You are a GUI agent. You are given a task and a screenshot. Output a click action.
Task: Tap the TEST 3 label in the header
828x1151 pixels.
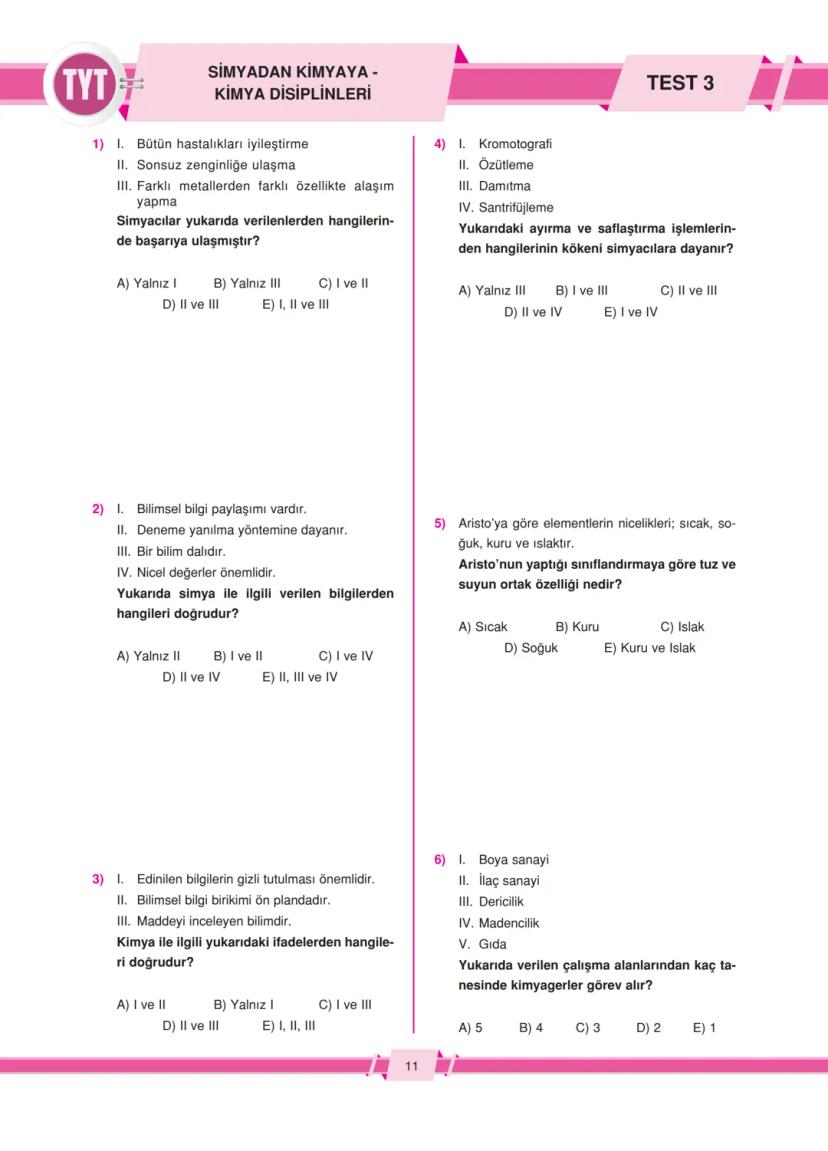(x=680, y=83)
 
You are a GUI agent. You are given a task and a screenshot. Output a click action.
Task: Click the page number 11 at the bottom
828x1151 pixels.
(x=412, y=1066)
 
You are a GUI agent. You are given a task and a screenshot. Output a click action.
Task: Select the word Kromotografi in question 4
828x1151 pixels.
(x=515, y=144)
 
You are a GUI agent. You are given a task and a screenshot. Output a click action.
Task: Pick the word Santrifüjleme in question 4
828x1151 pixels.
(x=515, y=207)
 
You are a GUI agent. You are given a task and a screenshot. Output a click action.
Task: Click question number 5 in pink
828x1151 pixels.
(x=440, y=523)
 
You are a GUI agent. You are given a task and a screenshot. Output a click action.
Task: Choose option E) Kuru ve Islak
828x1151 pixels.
(x=649, y=648)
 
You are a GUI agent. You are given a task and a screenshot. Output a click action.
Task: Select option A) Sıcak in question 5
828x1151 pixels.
(x=483, y=627)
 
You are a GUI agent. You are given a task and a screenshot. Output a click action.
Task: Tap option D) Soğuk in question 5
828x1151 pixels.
(x=531, y=648)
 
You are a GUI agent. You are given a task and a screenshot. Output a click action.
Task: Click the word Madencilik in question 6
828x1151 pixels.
(x=509, y=923)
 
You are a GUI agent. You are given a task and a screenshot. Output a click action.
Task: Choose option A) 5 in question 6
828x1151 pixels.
(x=470, y=1028)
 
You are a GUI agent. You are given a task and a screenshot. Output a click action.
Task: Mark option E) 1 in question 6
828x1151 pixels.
(x=704, y=1028)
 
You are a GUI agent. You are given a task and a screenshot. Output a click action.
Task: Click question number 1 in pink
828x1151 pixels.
(x=98, y=144)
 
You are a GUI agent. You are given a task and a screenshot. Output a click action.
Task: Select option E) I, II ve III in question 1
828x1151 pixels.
(x=295, y=304)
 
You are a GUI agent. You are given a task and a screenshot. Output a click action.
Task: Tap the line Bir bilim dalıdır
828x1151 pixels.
(x=181, y=551)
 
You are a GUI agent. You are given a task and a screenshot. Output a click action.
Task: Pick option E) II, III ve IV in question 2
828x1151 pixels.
(x=300, y=677)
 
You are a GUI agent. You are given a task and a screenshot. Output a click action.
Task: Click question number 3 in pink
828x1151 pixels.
(x=98, y=879)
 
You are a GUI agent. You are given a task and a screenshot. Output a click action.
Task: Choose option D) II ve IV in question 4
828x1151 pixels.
(x=533, y=312)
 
